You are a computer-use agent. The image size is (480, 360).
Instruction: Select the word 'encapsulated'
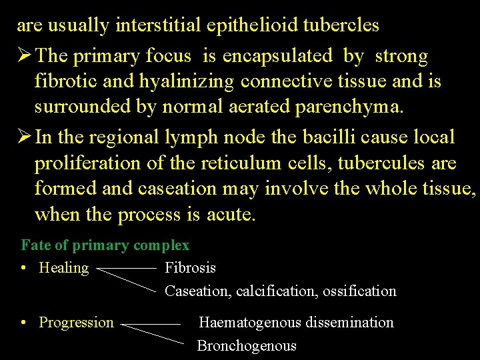click(277, 56)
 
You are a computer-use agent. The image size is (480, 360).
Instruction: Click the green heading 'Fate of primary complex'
click(105, 245)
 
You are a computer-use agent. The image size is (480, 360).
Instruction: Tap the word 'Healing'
click(63, 268)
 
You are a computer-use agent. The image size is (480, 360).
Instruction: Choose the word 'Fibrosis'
click(190, 268)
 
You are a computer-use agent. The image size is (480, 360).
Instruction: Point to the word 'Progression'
click(76, 323)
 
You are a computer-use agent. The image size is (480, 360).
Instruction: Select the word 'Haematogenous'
click(250, 323)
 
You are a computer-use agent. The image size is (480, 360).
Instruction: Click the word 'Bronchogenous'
click(247, 346)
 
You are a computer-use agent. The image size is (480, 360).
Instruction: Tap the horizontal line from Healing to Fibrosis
click(127, 269)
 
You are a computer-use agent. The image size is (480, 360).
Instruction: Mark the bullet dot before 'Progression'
click(23, 323)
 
